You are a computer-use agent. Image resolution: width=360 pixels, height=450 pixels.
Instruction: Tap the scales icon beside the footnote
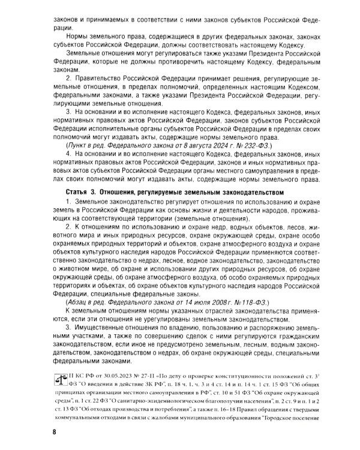point(61,382)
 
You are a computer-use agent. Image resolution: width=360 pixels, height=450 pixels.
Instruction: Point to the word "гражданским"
point(286,337)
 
